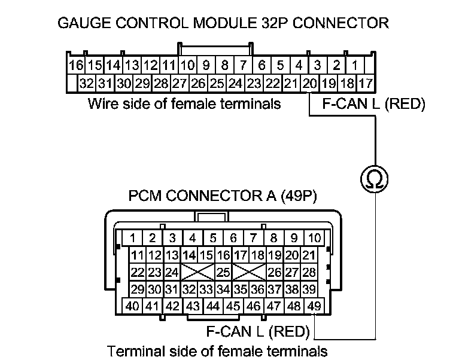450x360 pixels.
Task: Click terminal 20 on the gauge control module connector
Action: (x=309, y=83)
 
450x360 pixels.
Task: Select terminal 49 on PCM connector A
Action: (x=313, y=306)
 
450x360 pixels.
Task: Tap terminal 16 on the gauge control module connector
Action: (x=75, y=64)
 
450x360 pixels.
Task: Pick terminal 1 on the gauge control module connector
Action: (x=354, y=64)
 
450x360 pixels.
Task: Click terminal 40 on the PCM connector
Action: (x=132, y=306)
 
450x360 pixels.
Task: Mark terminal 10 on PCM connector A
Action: (x=314, y=237)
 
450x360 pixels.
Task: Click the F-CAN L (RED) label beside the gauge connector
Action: (x=373, y=104)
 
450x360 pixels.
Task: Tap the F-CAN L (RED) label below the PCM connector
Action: (x=257, y=331)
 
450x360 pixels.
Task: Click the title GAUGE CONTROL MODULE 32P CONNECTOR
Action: (x=223, y=23)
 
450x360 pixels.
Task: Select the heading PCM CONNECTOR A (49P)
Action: (x=223, y=196)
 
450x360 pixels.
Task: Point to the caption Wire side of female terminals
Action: (x=184, y=104)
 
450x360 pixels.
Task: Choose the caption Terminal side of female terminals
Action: (x=217, y=350)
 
